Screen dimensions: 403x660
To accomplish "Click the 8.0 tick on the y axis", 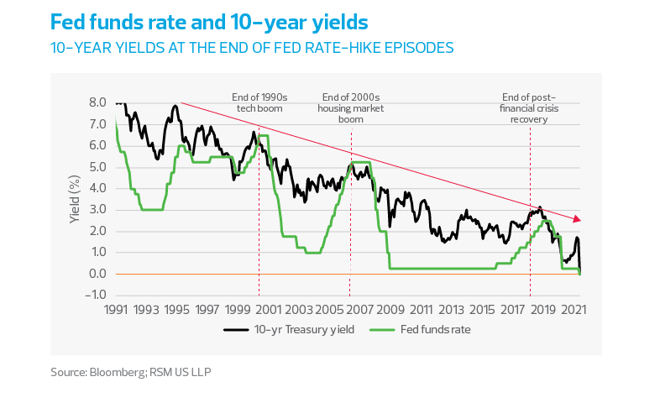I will coord(97,102).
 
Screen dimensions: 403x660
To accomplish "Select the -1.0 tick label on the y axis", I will coord(95,295).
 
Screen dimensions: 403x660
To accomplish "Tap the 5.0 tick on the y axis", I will coord(97,167).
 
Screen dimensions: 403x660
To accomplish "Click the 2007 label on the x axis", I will coord(351,310).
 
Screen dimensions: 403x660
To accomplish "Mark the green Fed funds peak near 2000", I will coord(264,134).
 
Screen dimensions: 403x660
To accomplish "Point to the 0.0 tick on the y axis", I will coord(97,274).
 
